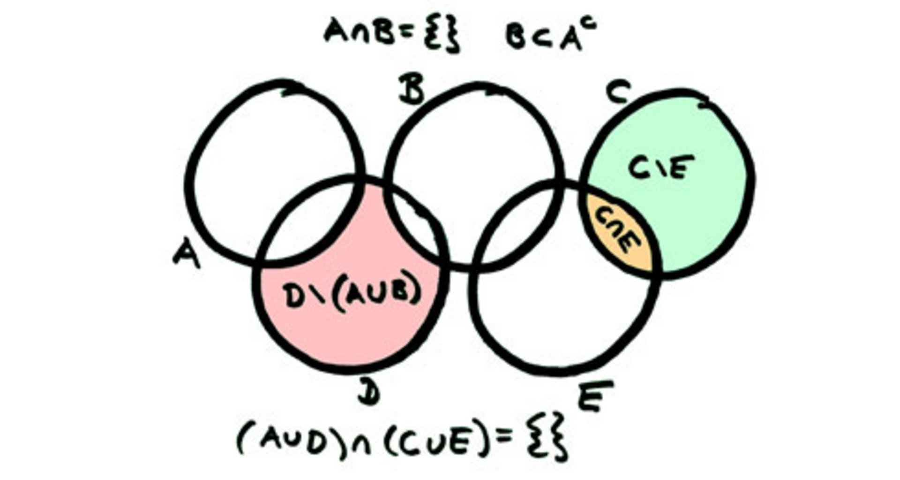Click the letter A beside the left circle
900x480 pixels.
pos(187,255)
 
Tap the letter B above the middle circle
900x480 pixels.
pos(411,90)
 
